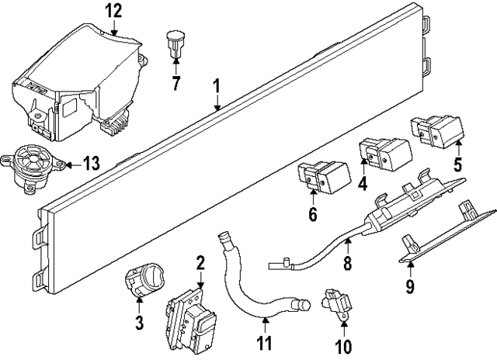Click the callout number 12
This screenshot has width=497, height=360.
(114, 11)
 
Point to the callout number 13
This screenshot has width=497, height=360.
(92, 163)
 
